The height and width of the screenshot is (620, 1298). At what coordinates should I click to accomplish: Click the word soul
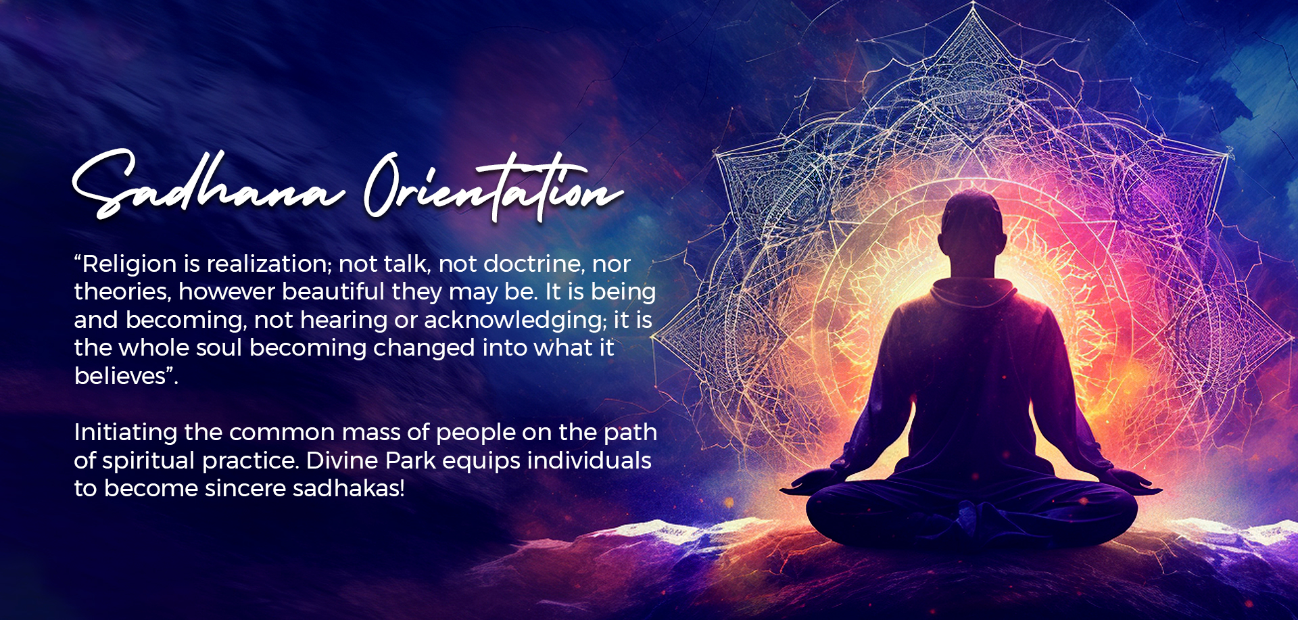(x=219, y=348)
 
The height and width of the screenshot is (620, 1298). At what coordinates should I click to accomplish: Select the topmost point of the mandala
(x=973, y=4)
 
